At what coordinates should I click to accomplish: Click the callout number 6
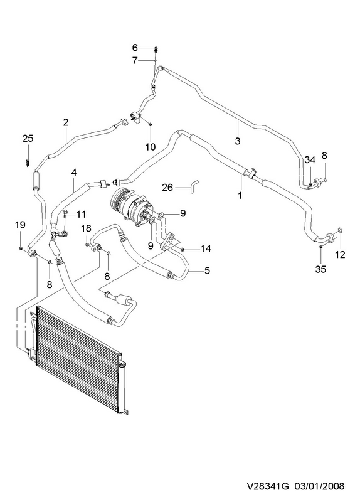(135, 48)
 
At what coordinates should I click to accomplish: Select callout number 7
(135, 60)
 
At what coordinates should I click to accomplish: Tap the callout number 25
(28, 139)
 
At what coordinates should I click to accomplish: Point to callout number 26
(167, 187)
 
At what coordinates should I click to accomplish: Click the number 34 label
(310, 160)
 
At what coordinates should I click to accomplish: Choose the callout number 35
(320, 269)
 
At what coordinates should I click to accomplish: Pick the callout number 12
(341, 255)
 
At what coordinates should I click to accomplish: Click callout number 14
(206, 248)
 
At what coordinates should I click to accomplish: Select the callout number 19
(20, 225)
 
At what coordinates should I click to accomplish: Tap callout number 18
(86, 228)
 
